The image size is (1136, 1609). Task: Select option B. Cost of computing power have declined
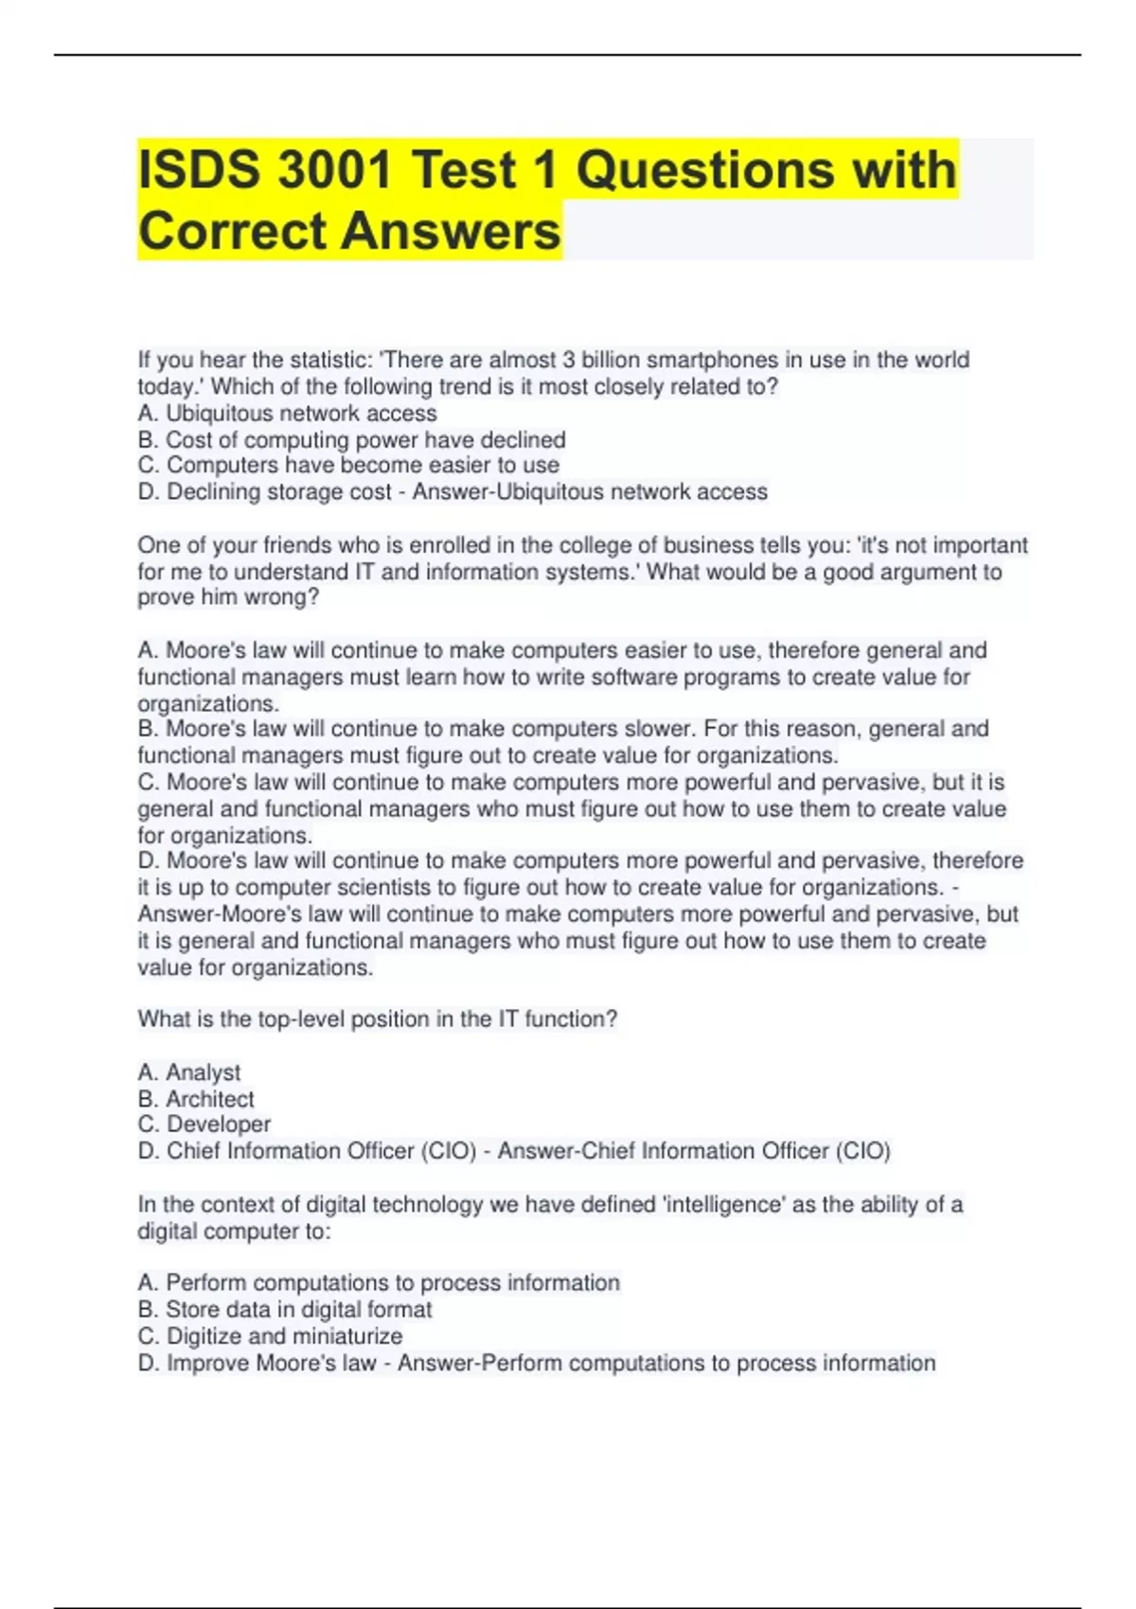coord(351,440)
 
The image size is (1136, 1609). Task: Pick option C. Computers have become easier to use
coord(348,466)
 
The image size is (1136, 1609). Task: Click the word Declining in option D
coord(213,492)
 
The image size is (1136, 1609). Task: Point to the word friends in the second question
coord(300,545)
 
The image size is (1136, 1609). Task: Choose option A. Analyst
coord(189,1072)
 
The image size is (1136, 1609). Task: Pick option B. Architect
coord(196,1099)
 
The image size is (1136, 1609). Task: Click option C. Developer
coord(204,1124)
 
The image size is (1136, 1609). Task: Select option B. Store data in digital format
coord(285,1310)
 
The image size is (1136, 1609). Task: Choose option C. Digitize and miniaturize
coord(270,1336)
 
